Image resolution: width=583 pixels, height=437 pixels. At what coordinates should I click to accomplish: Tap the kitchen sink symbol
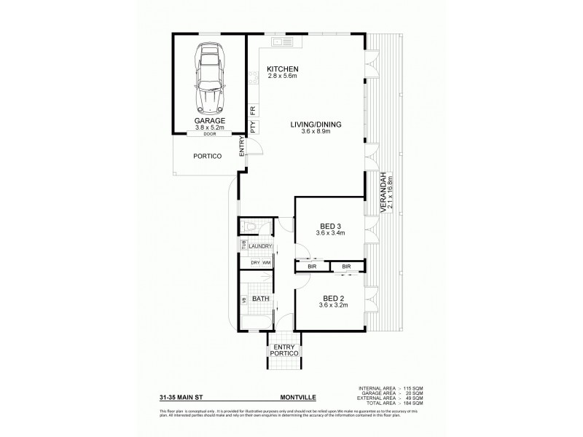point(281,44)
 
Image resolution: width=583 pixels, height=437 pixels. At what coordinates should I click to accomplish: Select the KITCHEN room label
point(283,68)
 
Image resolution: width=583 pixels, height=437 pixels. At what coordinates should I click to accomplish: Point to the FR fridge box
point(253,110)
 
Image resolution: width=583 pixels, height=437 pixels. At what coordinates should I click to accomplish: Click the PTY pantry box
point(253,127)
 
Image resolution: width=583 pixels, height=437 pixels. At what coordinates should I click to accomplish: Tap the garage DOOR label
point(209,134)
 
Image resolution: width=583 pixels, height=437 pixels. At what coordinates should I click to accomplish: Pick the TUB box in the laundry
point(241,246)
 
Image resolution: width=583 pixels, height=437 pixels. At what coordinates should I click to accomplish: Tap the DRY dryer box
point(255,262)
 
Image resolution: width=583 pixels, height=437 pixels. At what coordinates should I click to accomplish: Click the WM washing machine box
point(267,262)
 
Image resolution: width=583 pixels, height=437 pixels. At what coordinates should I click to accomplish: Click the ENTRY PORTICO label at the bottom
point(284,350)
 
